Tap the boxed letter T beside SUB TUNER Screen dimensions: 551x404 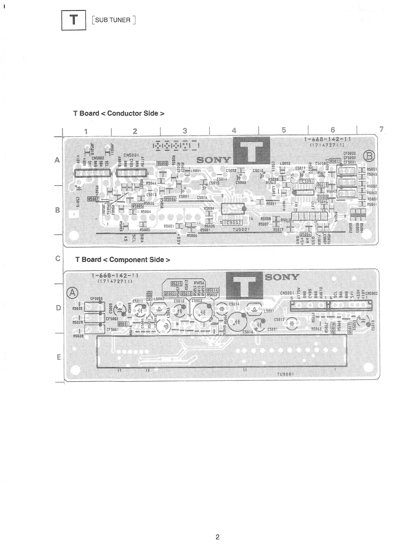pyautogui.click(x=74, y=20)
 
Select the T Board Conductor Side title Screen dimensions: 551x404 pyautogui.click(x=119, y=114)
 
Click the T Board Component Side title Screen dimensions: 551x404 pyautogui.click(x=122, y=260)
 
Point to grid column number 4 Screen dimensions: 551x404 pyautogui.click(x=234, y=131)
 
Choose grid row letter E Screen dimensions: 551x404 pyautogui.click(x=58, y=357)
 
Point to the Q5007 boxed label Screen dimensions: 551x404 pyautogui.click(x=93, y=198)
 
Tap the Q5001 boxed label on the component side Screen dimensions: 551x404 pyautogui.click(x=124, y=324)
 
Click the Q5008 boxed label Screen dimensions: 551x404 pyautogui.click(x=162, y=163)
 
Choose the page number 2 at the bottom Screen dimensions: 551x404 pyautogui.click(x=217, y=537)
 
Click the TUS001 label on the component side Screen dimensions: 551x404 pyautogui.click(x=285, y=374)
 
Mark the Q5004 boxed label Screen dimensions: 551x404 pyautogui.click(x=305, y=235)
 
